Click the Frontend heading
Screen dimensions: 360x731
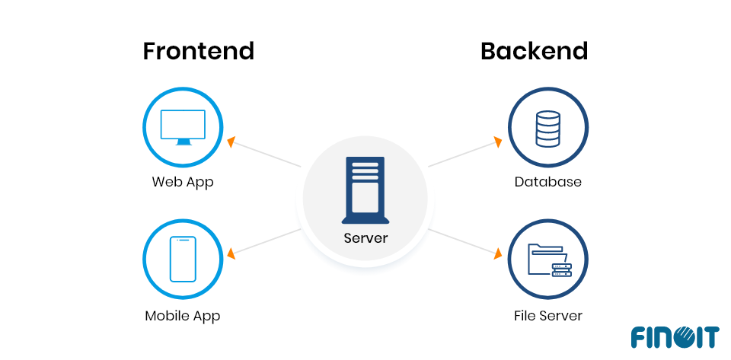198,51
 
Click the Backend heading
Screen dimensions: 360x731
534,51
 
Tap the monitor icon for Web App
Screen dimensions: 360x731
183,126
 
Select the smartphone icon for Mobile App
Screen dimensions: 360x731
183,259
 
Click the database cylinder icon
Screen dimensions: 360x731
547,129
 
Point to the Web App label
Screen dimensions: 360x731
183,182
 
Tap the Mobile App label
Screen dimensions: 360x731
183,315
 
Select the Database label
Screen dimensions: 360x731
547,182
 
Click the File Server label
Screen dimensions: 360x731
547,315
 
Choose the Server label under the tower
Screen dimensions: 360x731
365,238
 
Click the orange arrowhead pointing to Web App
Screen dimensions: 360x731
231,142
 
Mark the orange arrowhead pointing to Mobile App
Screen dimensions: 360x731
231,253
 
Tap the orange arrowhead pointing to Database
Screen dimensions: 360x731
498,142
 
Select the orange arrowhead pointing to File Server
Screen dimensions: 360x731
499,253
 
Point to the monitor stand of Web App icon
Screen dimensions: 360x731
183,142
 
